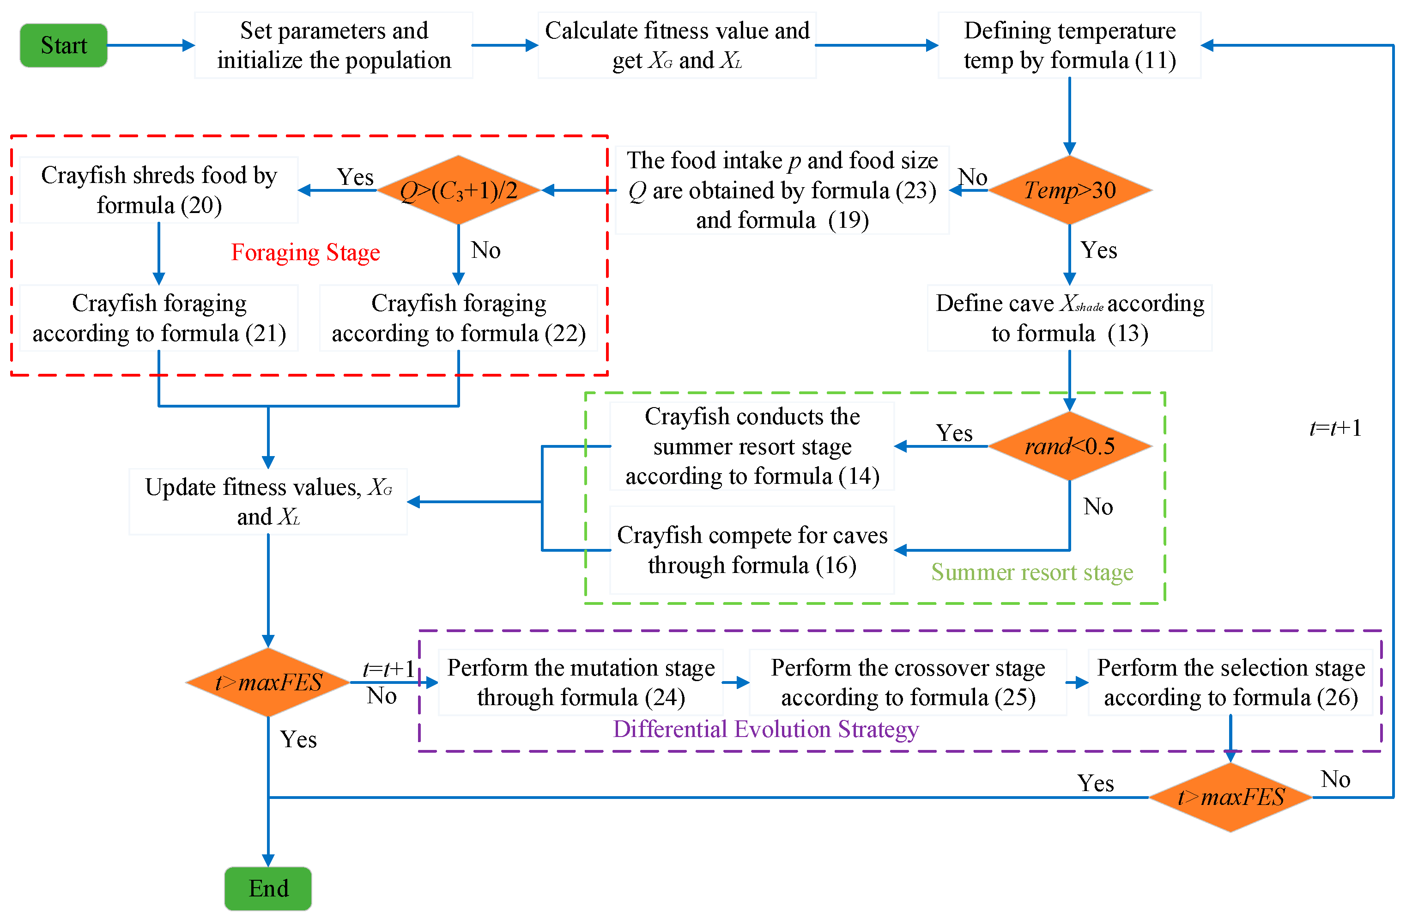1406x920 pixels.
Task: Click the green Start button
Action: click(x=64, y=45)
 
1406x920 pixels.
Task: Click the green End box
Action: click(x=268, y=888)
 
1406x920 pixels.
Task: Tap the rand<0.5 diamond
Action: click(x=1069, y=446)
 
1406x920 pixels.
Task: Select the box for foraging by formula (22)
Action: click(x=458, y=318)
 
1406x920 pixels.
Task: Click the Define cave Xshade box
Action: click(x=1069, y=318)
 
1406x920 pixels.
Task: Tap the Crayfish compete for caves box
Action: click(x=752, y=550)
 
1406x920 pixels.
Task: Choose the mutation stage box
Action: click(x=581, y=682)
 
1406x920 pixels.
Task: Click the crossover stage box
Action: click(x=908, y=682)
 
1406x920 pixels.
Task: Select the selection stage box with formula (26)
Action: click(x=1230, y=682)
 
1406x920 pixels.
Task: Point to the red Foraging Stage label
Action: click(x=305, y=252)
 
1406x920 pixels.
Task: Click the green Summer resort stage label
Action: click(x=1032, y=572)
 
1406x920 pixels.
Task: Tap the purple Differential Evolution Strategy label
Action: click(x=766, y=729)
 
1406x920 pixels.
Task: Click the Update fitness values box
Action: click(x=268, y=502)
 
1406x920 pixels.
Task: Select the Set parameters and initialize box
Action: click(x=334, y=45)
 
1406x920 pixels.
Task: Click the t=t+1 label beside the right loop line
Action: click(x=1335, y=428)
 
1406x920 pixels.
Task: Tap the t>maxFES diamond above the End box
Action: click(x=268, y=682)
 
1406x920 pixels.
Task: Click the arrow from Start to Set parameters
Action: click(x=151, y=45)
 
